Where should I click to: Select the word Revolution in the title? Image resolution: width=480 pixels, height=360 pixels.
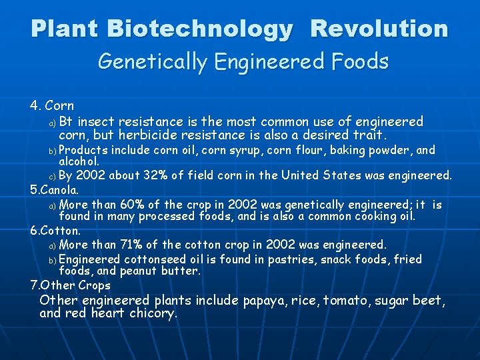pos(379,29)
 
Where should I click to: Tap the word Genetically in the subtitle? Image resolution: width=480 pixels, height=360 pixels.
pos(152,62)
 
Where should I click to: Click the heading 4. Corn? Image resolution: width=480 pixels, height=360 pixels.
pos(52,106)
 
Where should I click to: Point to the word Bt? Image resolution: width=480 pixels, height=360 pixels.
pos(65,121)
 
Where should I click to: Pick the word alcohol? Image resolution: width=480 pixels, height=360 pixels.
pos(79,161)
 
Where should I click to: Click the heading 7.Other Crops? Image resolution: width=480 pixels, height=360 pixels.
pos(71,285)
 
